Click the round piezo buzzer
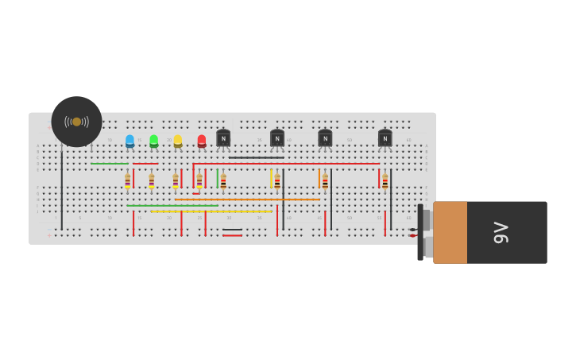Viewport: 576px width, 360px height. click(x=76, y=122)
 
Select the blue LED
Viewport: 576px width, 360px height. click(x=130, y=141)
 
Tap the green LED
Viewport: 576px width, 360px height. click(x=153, y=141)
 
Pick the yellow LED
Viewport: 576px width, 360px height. click(x=178, y=141)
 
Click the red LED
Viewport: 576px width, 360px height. click(x=202, y=141)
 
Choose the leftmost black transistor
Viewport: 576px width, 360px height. click(x=223, y=138)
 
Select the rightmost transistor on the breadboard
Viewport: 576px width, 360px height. click(x=385, y=138)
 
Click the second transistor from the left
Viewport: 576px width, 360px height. click(x=277, y=138)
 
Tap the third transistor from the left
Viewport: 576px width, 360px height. click(x=325, y=138)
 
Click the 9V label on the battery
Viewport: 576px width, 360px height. click(x=501, y=232)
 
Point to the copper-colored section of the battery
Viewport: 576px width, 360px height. click(x=450, y=232)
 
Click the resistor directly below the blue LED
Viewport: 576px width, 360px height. click(x=127, y=181)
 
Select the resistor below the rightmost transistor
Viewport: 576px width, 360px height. click(x=385, y=181)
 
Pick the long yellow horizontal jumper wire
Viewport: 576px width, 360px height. click(x=211, y=211)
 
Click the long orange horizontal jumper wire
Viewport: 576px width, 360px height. click(x=246, y=199)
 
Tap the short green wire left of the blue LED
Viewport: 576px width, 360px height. click(x=109, y=164)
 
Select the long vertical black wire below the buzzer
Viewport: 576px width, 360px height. click(x=61, y=191)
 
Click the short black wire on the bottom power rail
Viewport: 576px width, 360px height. click(x=232, y=230)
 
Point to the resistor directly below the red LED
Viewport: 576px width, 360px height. click(x=199, y=181)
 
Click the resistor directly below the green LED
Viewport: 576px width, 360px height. click(x=151, y=181)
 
